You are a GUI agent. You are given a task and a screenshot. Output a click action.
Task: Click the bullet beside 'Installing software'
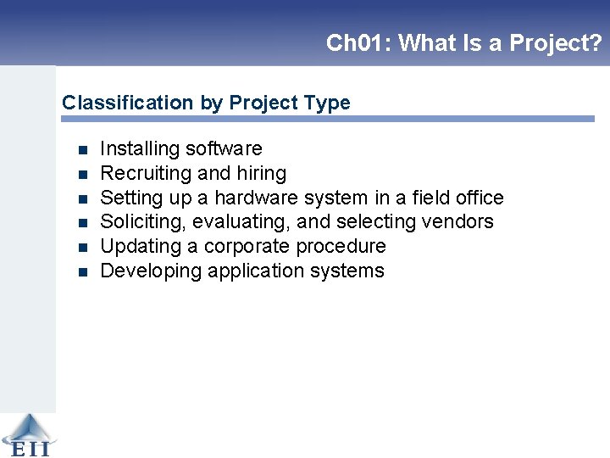82,150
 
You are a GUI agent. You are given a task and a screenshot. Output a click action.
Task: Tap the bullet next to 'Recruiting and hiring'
82,175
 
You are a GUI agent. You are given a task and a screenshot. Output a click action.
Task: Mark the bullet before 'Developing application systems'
82,272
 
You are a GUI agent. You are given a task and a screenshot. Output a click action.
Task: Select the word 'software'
224,149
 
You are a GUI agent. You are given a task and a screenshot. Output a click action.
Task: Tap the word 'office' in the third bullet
479,198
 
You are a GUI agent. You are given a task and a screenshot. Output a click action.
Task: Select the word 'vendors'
460,222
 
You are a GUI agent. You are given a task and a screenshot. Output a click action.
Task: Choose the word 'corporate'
247,247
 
